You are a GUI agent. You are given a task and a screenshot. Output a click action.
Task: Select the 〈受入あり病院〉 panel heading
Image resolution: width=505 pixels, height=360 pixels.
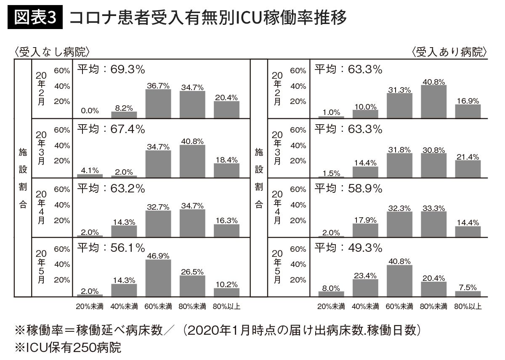(450, 53)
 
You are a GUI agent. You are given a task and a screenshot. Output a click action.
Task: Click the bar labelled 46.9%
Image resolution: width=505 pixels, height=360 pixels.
(158, 278)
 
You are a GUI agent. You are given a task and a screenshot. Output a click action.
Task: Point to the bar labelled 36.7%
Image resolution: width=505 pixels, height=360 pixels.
(158, 104)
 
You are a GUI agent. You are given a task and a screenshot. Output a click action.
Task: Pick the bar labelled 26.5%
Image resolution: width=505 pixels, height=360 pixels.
(192, 286)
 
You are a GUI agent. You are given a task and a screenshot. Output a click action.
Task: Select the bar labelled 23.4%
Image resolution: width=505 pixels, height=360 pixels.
(365, 288)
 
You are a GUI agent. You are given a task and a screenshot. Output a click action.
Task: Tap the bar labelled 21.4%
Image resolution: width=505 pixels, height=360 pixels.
(468, 168)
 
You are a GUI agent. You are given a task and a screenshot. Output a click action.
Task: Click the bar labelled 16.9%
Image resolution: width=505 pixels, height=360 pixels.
(468, 111)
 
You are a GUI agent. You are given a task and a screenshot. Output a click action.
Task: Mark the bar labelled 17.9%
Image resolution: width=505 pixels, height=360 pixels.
(365, 230)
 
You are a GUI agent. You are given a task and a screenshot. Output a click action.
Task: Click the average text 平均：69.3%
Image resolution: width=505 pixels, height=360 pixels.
(111, 69)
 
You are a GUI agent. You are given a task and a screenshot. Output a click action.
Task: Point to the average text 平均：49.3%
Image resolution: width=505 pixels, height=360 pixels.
(348, 248)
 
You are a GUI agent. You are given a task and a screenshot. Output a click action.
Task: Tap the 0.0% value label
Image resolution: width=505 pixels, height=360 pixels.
(90, 111)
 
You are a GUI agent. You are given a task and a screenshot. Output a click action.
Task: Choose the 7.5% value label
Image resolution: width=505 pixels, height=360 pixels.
(468, 288)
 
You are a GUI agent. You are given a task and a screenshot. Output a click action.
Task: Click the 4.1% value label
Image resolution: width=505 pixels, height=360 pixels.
(90, 171)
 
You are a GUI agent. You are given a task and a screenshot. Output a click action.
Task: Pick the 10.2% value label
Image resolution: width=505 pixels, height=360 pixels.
(226, 285)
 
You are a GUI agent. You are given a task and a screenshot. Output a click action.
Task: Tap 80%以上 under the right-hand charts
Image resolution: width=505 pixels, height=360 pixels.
(468, 307)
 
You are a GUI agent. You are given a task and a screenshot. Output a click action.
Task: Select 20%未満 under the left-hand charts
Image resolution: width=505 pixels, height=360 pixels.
(90, 307)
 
